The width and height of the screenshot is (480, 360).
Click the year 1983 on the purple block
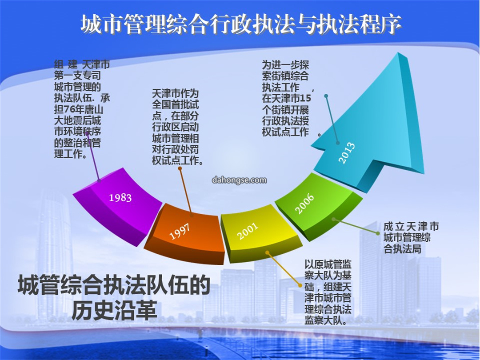(x=120, y=197)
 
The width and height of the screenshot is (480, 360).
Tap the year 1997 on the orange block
(x=180, y=231)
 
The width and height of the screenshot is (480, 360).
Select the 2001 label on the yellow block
(x=248, y=231)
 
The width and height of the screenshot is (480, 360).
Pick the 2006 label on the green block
(x=304, y=203)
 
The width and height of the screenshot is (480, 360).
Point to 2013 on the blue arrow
(x=347, y=153)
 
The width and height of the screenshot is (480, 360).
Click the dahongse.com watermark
(x=240, y=180)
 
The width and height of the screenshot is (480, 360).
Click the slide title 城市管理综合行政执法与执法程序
(x=241, y=24)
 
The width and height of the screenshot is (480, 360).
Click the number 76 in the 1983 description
(x=69, y=109)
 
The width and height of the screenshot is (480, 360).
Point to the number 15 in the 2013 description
(x=305, y=99)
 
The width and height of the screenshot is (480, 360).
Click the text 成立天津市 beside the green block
(x=411, y=227)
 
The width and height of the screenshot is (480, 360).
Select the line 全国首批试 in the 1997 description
(x=176, y=104)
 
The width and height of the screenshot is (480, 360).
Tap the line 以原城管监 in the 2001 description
(x=328, y=265)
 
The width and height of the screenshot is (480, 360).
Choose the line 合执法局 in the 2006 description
(x=403, y=249)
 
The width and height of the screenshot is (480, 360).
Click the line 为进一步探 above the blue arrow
(x=285, y=65)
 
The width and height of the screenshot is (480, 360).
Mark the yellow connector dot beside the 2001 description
(x=300, y=285)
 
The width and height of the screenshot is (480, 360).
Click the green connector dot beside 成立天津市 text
(x=378, y=234)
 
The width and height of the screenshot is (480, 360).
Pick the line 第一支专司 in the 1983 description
(x=77, y=76)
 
